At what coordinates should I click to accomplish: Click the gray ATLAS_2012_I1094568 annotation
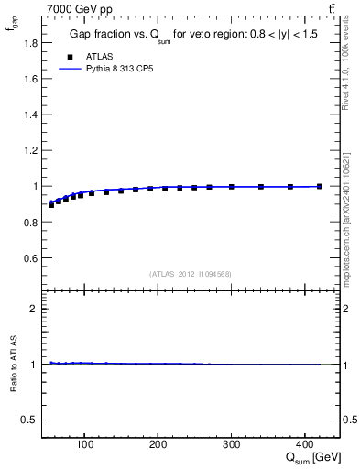click(191, 274)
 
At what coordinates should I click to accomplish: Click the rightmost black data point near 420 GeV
click(319, 187)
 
